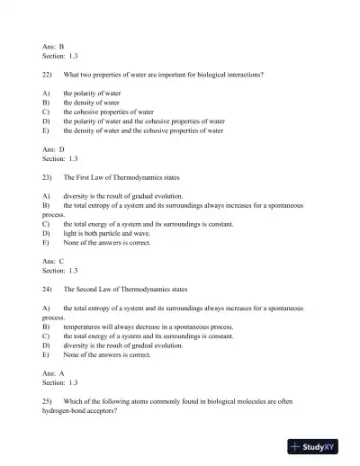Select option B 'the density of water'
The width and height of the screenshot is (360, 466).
(x=96, y=103)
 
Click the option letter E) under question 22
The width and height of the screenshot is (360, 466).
(x=45, y=130)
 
